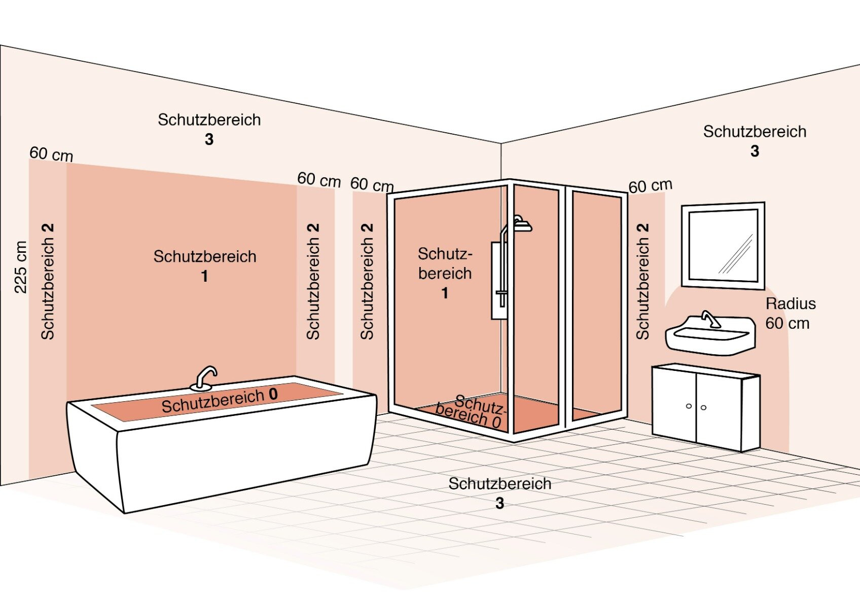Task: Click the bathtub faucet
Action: (x=205, y=378)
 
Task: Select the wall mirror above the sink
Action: (x=723, y=246)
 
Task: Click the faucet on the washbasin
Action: (x=710, y=319)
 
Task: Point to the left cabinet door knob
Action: (x=689, y=406)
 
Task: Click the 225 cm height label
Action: (x=21, y=268)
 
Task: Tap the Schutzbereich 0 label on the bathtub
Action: (x=220, y=400)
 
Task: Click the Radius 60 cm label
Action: (x=790, y=313)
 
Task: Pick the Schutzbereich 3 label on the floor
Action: (x=499, y=492)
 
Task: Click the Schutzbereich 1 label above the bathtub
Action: (x=205, y=265)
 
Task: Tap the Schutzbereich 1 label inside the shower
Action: (x=445, y=273)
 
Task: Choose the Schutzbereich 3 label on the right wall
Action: (x=755, y=140)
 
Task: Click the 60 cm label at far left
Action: (x=51, y=154)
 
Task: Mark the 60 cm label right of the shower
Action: (x=650, y=185)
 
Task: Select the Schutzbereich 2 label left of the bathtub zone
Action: (x=48, y=281)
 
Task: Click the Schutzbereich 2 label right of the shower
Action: (x=642, y=281)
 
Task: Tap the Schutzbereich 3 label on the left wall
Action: (x=209, y=129)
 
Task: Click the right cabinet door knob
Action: (x=703, y=407)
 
